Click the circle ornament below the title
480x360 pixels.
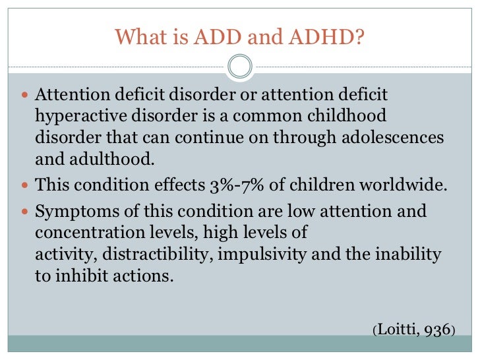point(240,67)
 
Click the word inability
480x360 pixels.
point(409,254)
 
